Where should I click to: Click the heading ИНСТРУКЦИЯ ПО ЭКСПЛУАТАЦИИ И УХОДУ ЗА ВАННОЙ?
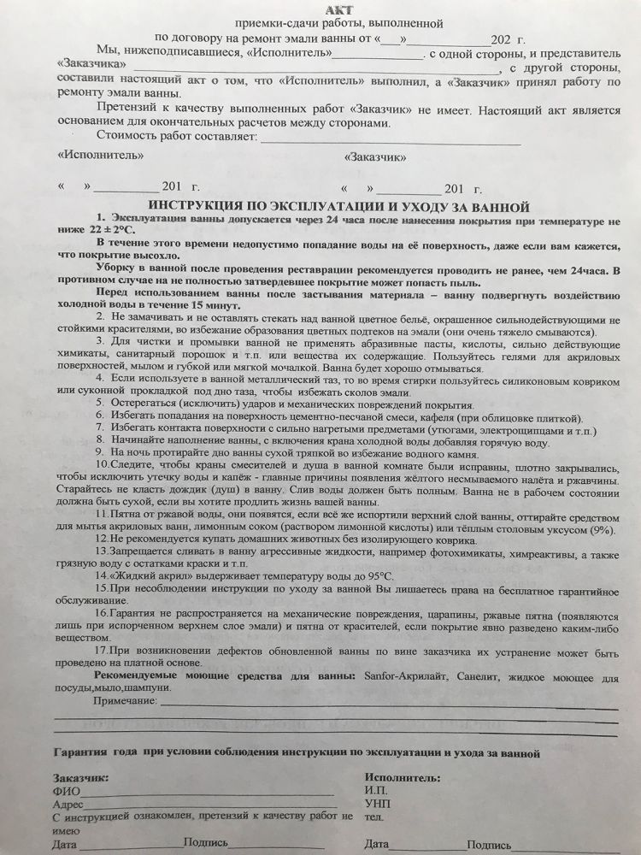[338, 207]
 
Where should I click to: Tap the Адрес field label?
[68, 805]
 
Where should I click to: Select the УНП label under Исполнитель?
[376, 805]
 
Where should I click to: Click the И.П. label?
[374, 792]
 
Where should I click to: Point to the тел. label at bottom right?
[372, 817]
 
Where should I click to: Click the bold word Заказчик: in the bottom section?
[80, 778]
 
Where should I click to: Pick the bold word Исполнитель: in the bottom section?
[402, 778]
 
